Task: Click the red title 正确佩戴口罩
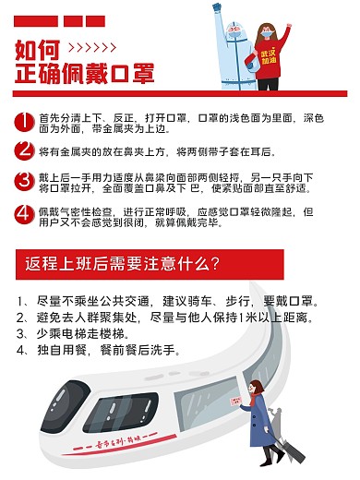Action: [85, 74]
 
